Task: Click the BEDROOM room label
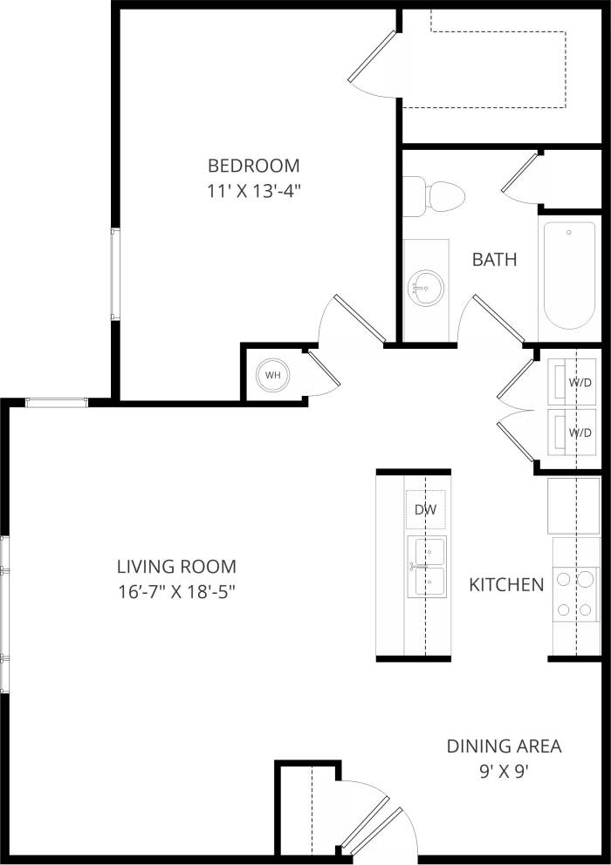pos(253,165)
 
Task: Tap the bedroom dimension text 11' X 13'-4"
pos(253,191)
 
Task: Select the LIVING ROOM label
pos(177,566)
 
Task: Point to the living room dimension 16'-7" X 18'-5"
pos(177,591)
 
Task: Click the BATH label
pos(494,259)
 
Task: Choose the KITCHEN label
pos(506,584)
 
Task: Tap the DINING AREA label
pos(504,746)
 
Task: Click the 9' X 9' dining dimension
pos(504,771)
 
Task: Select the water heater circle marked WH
pos(273,375)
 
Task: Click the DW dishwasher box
pos(425,509)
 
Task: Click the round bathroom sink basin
pos(426,287)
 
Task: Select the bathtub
pos(568,275)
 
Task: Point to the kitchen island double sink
pos(426,566)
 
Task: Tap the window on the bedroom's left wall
pos(113,273)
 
